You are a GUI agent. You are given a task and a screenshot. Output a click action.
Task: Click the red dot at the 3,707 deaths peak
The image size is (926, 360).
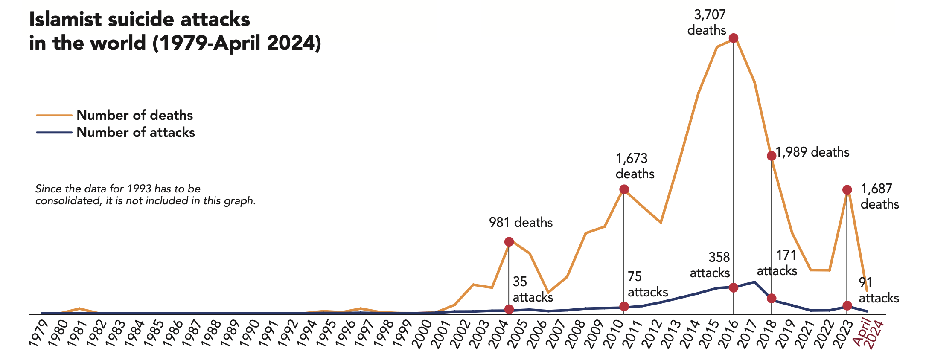[734, 38]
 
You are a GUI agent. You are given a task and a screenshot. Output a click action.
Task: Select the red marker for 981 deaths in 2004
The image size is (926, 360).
[509, 242]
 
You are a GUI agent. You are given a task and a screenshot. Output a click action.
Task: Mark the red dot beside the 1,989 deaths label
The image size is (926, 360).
[771, 156]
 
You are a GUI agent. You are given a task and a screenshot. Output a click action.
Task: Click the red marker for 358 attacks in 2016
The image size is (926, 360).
[734, 287]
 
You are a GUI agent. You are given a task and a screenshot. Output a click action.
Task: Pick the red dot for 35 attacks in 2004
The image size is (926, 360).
[509, 309]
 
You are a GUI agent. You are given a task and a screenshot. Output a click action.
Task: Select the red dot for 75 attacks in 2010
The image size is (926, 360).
[624, 306]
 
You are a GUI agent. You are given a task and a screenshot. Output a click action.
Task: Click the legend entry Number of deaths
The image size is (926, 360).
[134, 115]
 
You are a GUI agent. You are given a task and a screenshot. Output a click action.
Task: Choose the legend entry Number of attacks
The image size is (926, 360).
[135, 132]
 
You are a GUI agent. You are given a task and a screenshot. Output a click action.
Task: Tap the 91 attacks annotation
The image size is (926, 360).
[879, 290]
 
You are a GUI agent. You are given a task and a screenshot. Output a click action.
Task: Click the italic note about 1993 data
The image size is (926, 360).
[146, 195]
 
